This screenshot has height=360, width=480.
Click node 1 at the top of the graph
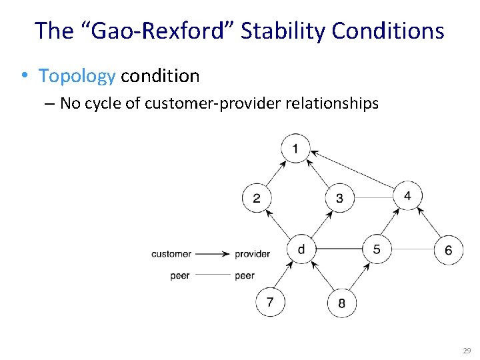295,148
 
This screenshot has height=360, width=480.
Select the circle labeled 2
257,197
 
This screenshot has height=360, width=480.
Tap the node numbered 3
339,198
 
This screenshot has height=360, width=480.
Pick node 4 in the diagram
407,195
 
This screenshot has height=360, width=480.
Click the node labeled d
301,249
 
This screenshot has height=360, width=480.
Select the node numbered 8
341,303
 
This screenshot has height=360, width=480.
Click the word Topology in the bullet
77,76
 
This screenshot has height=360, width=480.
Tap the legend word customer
171,254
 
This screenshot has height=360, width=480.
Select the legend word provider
252,254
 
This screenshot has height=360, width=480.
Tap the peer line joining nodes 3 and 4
373,197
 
